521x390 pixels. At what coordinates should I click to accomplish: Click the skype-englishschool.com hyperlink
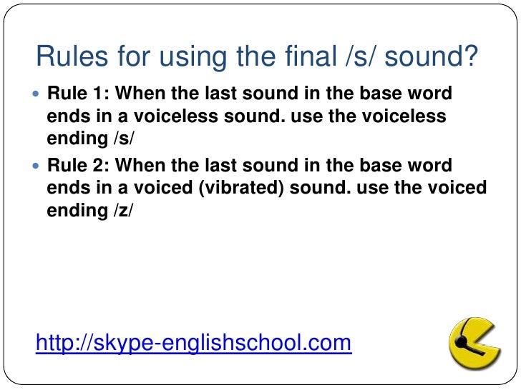tap(193, 344)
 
